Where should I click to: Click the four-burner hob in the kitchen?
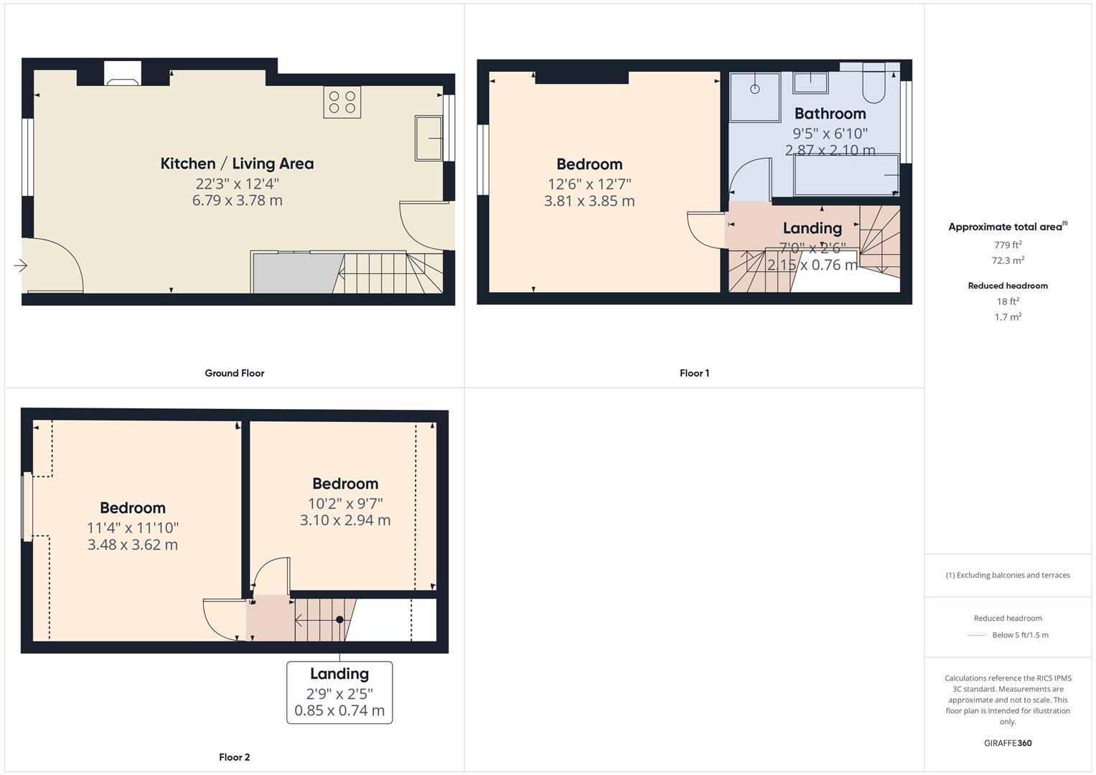coord(342,102)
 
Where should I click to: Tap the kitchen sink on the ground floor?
coord(428,138)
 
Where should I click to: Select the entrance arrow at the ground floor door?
coord(20,266)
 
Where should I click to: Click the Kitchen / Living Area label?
coord(238,164)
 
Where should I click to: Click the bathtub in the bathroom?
coord(846,174)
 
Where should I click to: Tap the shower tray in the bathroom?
coord(754,97)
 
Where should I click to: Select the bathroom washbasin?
coord(811,83)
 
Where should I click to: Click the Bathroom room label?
coord(830,113)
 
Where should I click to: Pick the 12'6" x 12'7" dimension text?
coord(589,184)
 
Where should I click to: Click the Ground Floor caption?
coord(235,373)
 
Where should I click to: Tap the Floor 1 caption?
coord(694,373)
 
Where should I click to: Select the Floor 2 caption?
coord(235,757)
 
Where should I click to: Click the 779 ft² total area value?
coord(1008,244)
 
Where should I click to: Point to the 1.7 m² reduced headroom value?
coord(1008,316)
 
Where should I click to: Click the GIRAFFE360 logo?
coord(1008,743)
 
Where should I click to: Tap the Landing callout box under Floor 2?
coord(339,692)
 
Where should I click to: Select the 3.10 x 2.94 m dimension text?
coord(345,520)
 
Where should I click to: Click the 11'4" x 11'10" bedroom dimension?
coord(133,528)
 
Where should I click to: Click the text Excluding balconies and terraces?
coord(1013,576)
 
